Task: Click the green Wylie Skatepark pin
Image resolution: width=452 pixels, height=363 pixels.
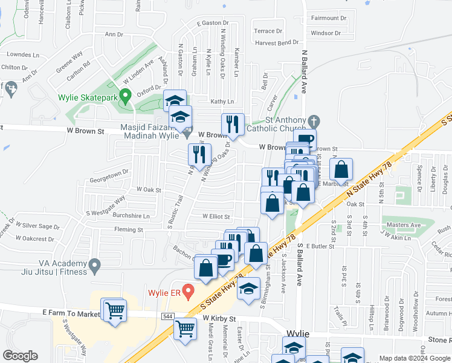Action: [125, 96]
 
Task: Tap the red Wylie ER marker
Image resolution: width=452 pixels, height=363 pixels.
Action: [188, 292]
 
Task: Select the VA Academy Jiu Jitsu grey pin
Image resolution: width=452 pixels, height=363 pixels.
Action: [94, 264]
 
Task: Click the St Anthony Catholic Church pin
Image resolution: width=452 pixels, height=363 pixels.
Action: [312, 121]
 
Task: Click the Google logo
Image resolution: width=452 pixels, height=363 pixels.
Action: [20, 356]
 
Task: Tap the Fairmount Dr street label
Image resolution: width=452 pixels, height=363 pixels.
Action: [329, 18]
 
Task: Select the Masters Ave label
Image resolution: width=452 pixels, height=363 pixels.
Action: [404, 225]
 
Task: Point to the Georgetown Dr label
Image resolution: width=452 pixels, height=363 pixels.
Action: [109, 171]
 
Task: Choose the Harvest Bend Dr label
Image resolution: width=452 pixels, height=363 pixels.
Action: [277, 42]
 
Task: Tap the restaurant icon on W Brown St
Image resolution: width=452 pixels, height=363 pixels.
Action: [233, 124]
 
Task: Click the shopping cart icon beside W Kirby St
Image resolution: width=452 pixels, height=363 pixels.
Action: [185, 329]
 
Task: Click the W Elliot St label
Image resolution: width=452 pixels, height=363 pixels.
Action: [216, 216]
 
